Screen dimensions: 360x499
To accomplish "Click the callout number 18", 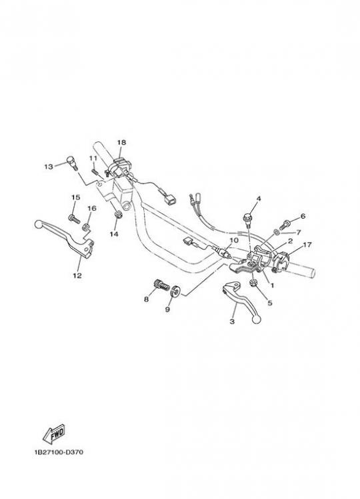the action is coord(121,142).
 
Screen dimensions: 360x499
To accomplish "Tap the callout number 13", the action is coord(49,166).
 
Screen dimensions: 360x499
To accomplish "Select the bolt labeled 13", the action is coord(71,162).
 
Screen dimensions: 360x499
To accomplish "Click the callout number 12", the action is coord(77,276).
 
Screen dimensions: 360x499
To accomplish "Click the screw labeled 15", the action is coord(74,219).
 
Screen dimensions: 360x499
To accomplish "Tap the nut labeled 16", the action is coord(85,227).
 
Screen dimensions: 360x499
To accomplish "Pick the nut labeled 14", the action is coord(118,214).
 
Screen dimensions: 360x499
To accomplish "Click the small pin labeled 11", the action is coord(95,171).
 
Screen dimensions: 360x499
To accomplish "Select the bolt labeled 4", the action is coord(248,219).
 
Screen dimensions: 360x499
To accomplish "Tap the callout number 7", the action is coord(298,232).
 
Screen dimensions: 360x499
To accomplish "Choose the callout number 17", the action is coord(307,245).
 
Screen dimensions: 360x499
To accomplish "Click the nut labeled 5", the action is coord(254,282).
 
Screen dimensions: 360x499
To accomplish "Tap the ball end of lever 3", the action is coord(256,319).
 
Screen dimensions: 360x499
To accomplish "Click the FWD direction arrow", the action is coord(53,434).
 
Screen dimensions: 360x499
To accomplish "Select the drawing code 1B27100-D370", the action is coord(59,452).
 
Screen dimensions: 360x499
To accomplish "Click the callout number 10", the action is coord(234,239).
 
